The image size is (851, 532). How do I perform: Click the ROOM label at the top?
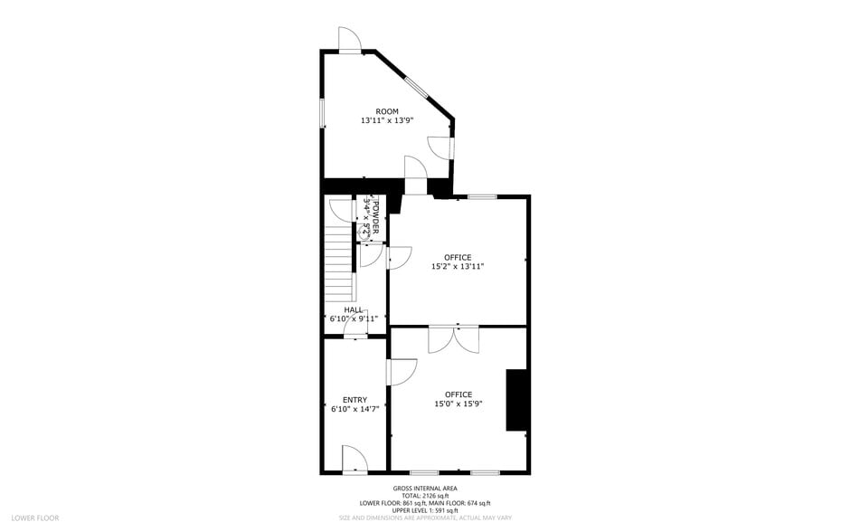click(387, 111)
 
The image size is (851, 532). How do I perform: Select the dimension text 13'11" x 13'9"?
click(387, 120)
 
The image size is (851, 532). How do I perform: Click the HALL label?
click(354, 309)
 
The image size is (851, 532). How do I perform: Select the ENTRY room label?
click(355, 400)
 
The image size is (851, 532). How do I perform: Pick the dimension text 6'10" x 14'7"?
click(355, 409)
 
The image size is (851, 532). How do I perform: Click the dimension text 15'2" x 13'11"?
click(458, 266)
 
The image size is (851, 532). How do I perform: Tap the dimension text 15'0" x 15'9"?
click(458, 404)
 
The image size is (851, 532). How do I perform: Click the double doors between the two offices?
click(455, 338)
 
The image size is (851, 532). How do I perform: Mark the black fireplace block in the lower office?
click(516, 399)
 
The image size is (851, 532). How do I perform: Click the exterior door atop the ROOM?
click(350, 40)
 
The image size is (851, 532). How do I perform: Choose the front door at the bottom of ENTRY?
click(355, 459)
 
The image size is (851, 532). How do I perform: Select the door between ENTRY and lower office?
click(401, 372)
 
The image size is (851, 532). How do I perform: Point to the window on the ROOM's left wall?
click(322, 114)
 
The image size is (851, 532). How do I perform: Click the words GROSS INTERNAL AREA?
click(425, 489)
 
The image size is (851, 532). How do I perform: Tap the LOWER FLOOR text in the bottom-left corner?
click(36, 518)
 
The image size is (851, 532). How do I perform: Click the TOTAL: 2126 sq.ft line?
click(425, 497)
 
